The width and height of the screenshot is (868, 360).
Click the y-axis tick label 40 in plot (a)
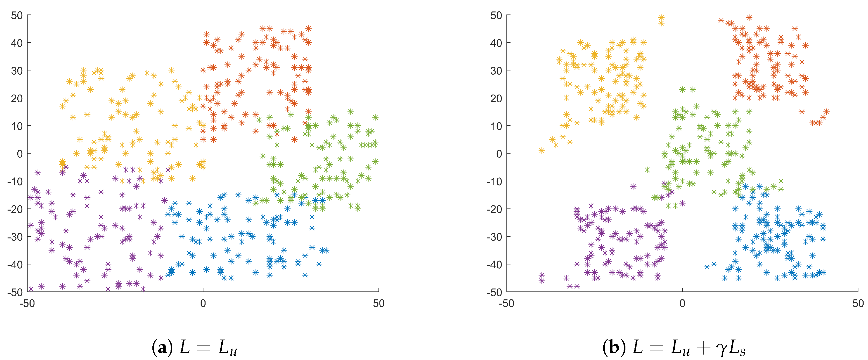[17, 43]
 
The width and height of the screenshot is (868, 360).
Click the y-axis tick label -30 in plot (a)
[15, 237]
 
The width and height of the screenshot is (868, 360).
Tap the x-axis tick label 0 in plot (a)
[203, 304]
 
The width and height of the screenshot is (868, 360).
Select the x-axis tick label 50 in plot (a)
[379, 304]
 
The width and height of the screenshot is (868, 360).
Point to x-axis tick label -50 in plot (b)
[506, 304]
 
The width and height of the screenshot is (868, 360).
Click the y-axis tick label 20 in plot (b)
[496, 99]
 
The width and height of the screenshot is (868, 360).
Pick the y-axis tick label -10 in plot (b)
[494, 182]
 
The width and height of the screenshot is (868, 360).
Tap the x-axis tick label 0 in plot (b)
[682, 304]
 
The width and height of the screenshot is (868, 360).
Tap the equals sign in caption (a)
[203, 348]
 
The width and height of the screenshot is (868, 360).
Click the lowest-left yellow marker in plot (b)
[542, 150]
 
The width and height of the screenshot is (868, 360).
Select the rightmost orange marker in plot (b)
[826, 112]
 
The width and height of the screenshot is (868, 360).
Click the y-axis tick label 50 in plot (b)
[496, 16]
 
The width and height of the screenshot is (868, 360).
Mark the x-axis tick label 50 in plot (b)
[858, 304]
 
